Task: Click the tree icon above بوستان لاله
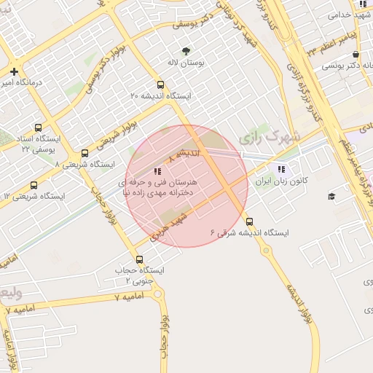tap(186, 51)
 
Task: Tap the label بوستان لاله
tap(186, 63)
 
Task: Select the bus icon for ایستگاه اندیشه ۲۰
tap(160, 84)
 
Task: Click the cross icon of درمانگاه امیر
tap(14, 71)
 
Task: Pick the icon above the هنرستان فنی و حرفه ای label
tap(157, 172)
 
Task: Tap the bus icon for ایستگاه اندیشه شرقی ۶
tap(250, 221)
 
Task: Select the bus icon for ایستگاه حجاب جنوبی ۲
tap(140, 259)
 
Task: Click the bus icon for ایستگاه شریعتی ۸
tap(85, 154)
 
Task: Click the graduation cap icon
tap(331, 196)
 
